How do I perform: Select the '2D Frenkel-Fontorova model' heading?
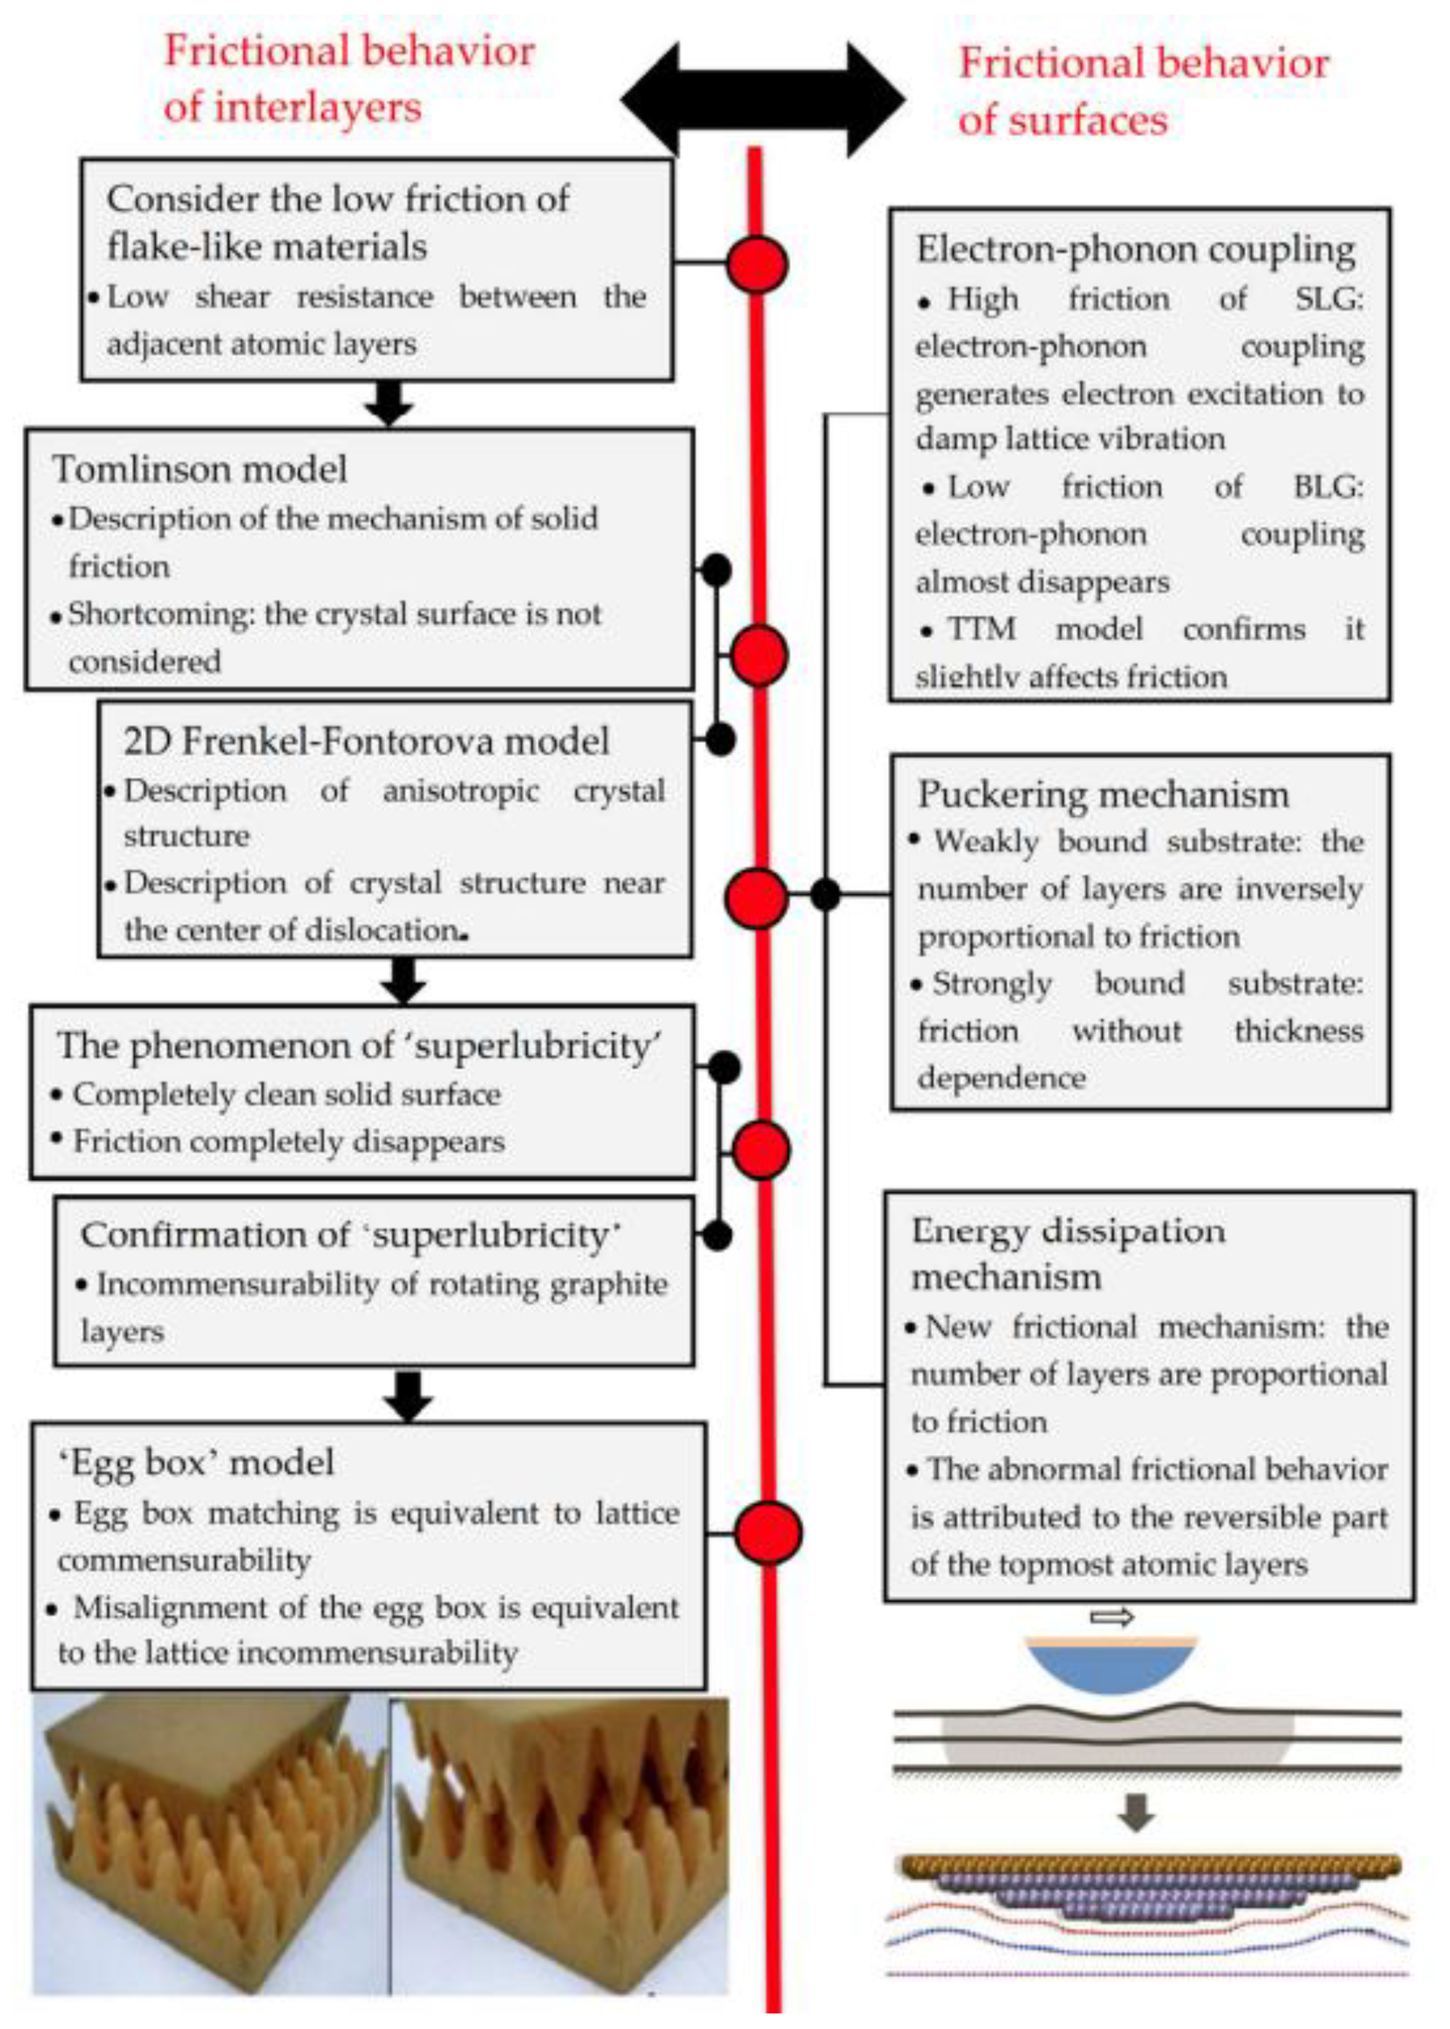tap(366, 741)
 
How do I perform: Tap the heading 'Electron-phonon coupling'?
tap(1136, 249)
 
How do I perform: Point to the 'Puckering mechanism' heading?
tap(1104, 794)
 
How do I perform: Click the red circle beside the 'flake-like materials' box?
tap(756, 264)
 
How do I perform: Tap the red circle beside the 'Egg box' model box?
tap(768, 1533)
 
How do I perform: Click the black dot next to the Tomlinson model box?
tap(716, 570)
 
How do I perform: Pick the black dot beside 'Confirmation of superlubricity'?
tap(717, 1235)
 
